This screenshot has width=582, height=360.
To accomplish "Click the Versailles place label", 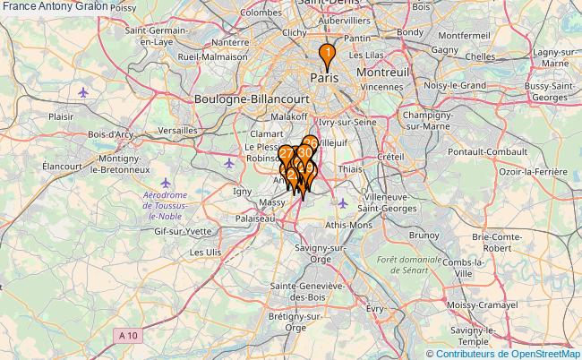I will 175,130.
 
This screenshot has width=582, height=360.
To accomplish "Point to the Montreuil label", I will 382,72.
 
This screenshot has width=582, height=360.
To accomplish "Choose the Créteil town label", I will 391,157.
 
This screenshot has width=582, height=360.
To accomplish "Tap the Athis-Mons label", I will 349,224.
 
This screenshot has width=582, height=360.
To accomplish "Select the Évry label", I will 375,307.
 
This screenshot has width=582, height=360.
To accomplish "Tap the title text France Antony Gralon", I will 55,6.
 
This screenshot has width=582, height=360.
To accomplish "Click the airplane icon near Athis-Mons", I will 343,202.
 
